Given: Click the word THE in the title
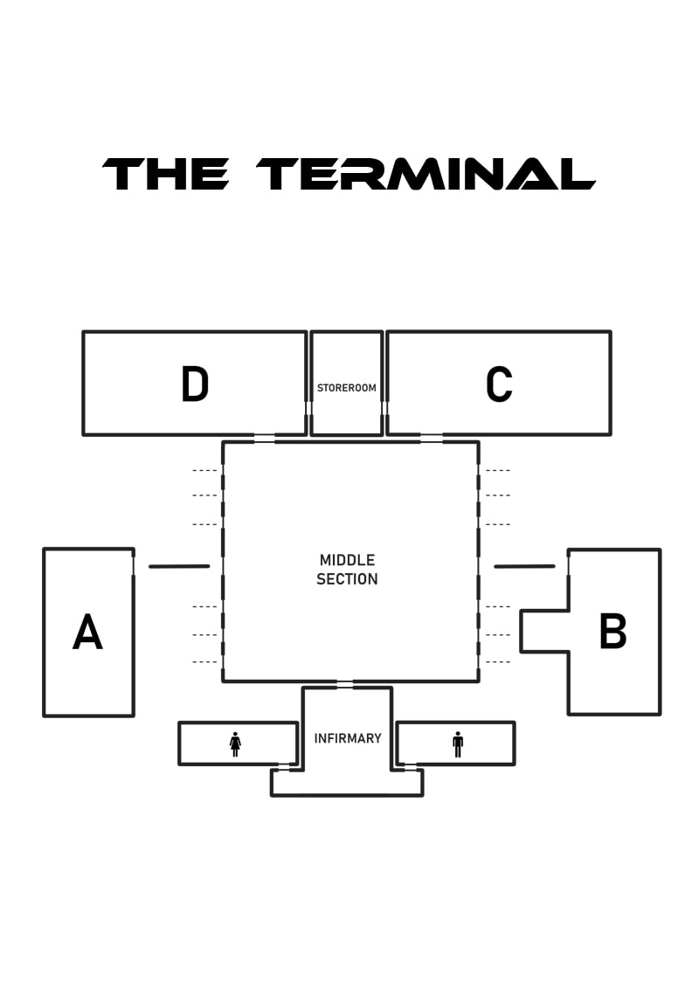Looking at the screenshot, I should pyautogui.click(x=167, y=174).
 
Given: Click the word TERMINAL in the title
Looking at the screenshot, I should pyautogui.click(x=426, y=174).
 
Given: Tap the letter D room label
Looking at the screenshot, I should pyautogui.click(x=195, y=384).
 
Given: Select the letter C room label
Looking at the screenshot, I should pyautogui.click(x=499, y=384).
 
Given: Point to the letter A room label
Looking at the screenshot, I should pyautogui.click(x=87, y=633).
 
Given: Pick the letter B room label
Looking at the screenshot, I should pyautogui.click(x=612, y=632).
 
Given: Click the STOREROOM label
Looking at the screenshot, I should pyautogui.click(x=347, y=387).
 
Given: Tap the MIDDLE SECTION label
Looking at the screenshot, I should pyautogui.click(x=348, y=570).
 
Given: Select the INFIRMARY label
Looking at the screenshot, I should pyautogui.click(x=348, y=738).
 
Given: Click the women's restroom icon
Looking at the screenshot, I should pyautogui.click(x=235, y=743).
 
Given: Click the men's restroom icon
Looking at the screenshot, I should pyautogui.click(x=458, y=743).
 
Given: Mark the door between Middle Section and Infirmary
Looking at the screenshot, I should pyautogui.click(x=345, y=683).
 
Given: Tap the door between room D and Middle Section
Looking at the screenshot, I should pyautogui.click(x=264, y=439).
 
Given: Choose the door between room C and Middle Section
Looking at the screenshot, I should pyautogui.click(x=432, y=439).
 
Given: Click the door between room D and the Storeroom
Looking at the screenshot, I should pyautogui.click(x=308, y=408).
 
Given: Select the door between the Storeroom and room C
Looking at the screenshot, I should pyautogui.click(x=384, y=408).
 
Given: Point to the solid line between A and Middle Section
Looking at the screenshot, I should pyautogui.click(x=179, y=566).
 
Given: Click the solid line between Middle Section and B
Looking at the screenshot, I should pyautogui.click(x=524, y=566).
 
